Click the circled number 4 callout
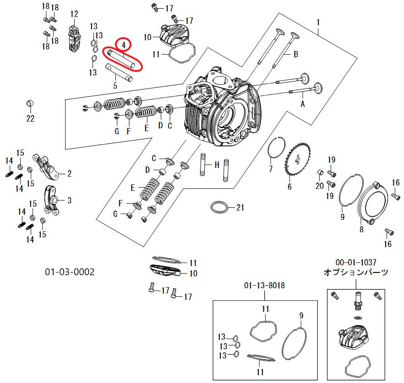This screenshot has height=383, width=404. pos(123,44)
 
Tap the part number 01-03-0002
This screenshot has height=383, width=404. pos(70,272)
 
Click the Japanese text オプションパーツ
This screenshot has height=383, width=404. pos(356,272)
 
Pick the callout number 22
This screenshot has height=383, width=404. pos(30,118)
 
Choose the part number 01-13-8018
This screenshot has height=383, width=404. pos(265,285)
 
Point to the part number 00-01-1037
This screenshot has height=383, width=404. pos(356,262)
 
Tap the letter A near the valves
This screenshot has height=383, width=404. pos(302,104)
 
